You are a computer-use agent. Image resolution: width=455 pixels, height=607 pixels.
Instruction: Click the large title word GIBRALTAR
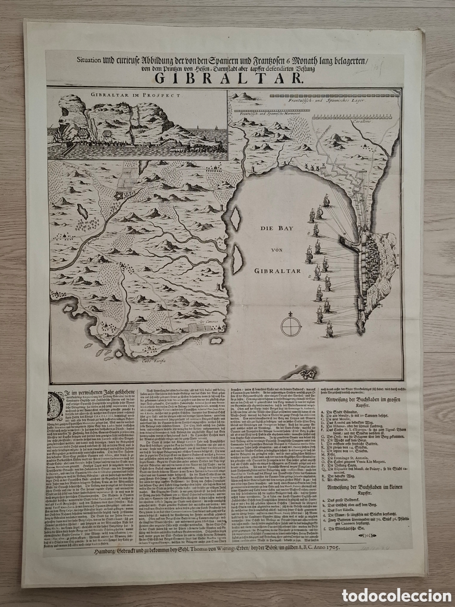(x=227, y=79)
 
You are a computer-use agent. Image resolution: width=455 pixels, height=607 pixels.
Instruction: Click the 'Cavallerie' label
(x=361, y=123)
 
